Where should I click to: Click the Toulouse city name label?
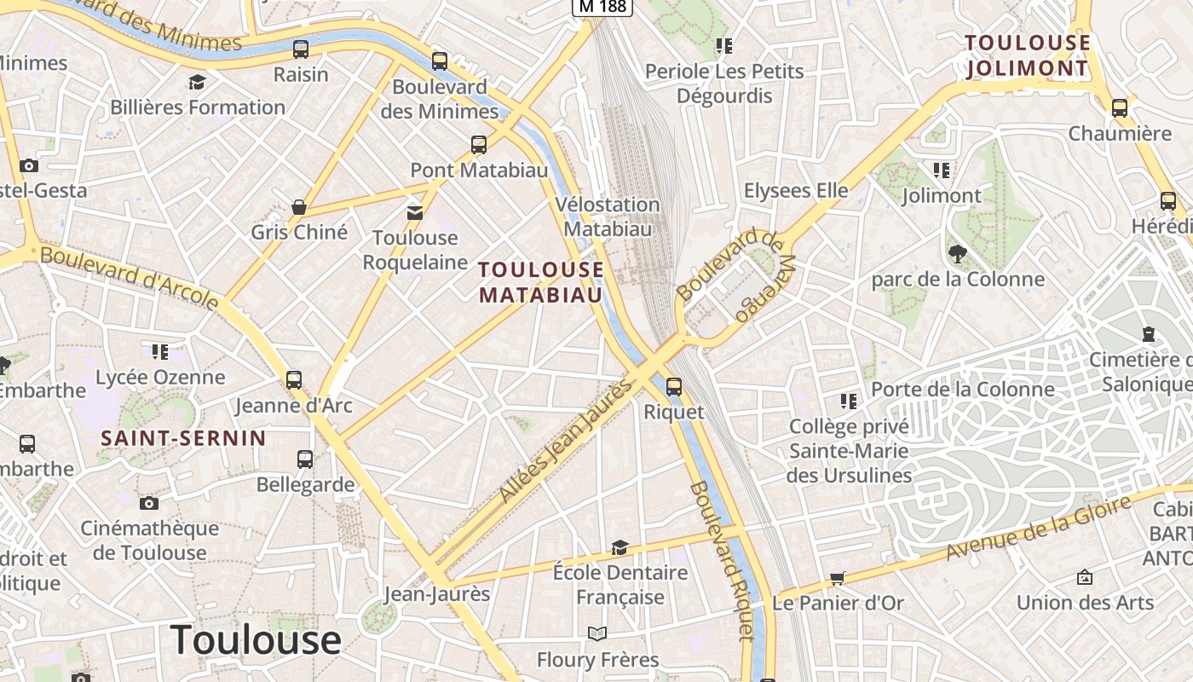pyautogui.click(x=256, y=639)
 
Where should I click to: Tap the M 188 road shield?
pyautogui.click(x=602, y=7)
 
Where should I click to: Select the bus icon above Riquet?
pyautogui.click(x=674, y=387)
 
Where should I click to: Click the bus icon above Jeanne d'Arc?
pyautogui.click(x=294, y=380)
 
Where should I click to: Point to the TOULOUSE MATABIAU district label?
pyautogui.click(x=541, y=282)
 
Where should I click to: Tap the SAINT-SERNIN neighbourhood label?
pyautogui.click(x=184, y=438)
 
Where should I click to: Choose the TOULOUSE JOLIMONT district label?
pyautogui.click(x=1028, y=55)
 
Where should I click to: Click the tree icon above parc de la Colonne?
pyautogui.click(x=957, y=253)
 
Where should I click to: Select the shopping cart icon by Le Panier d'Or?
pyautogui.click(x=838, y=579)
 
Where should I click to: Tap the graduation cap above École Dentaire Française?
pyautogui.click(x=620, y=547)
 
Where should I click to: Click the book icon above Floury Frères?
pyautogui.click(x=597, y=634)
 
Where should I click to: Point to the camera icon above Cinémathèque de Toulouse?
pyautogui.click(x=149, y=503)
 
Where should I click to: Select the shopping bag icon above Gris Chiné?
pyautogui.click(x=299, y=207)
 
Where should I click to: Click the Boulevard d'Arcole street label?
pyautogui.click(x=130, y=278)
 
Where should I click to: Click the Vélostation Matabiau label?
pyautogui.click(x=608, y=217)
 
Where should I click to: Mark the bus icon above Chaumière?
pyautogui.click(x=1120, y=108)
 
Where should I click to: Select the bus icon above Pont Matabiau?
pyautogui.click(x=479, y=145)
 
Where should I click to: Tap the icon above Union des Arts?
pyautogui.click(x=1085, y=577)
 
